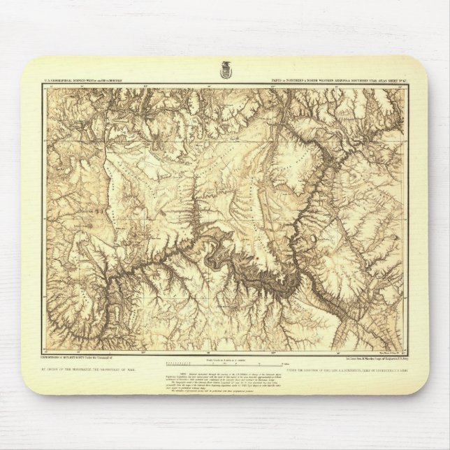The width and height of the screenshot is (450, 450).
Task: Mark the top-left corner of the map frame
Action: point(43,86)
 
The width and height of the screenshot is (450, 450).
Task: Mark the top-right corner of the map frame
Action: point(407,86)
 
